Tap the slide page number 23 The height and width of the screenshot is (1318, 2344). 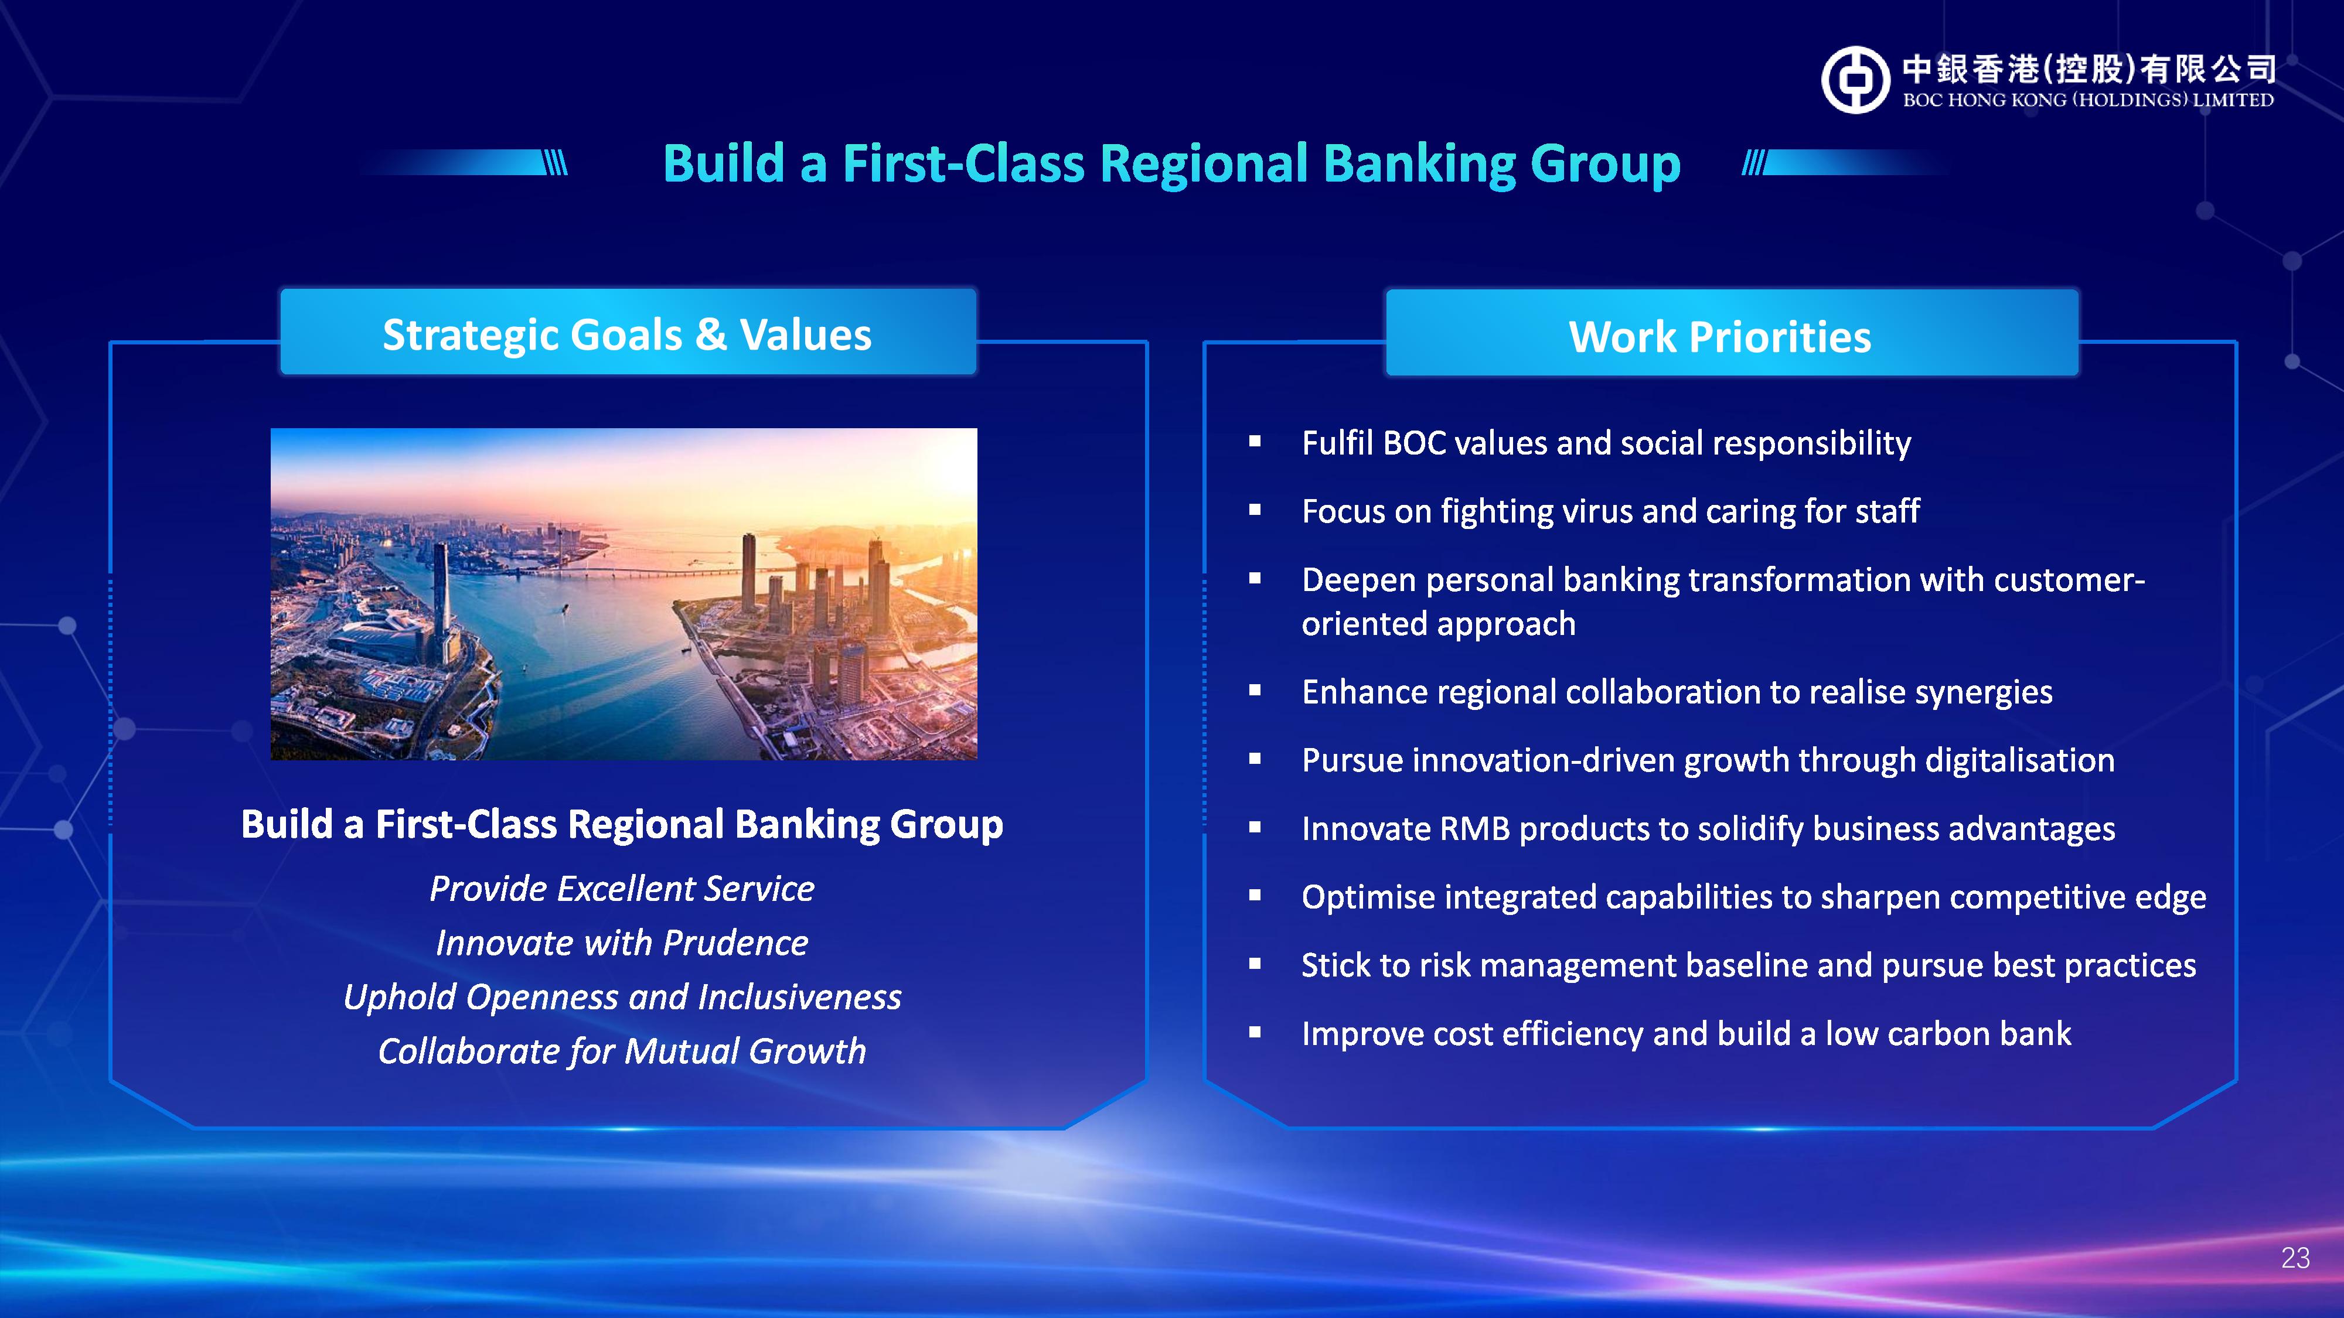coord(2295,1258)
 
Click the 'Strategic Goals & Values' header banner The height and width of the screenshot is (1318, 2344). coord(628,332)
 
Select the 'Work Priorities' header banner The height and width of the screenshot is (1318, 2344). coord(1732,334)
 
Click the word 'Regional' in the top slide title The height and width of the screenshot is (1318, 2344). coord(1203,164)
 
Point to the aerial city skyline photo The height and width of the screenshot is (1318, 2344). coord(624,594)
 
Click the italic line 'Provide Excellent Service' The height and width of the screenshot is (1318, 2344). coord(622,889)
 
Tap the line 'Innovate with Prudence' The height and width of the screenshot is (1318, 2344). coord(622,943)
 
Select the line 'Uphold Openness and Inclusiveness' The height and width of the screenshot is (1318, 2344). coord(622,998)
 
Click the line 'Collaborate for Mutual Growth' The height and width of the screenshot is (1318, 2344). coord(622,1051)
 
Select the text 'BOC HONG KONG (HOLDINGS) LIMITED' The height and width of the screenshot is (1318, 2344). coord(2089,100)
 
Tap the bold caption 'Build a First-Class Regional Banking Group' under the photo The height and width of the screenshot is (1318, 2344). coord(622,825)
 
